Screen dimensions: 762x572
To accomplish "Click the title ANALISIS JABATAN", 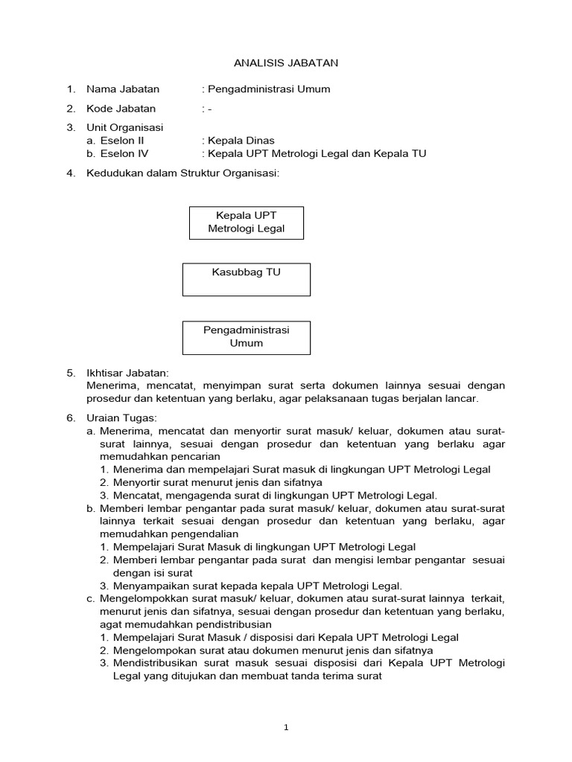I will point(286,63).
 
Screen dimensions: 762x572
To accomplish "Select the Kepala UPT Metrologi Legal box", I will point(246,222).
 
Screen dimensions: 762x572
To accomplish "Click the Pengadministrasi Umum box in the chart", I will point(246,337).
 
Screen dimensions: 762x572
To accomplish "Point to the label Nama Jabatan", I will point(123,89).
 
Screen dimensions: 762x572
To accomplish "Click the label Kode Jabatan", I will point(121,109).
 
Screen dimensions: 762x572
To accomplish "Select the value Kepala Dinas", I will point(241,140).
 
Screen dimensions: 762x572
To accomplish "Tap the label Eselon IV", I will point(124,153).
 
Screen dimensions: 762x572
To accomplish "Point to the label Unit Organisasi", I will point(125,127).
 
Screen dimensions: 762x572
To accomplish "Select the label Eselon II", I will point(122,140).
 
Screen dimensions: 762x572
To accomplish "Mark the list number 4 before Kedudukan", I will point(71,173).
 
